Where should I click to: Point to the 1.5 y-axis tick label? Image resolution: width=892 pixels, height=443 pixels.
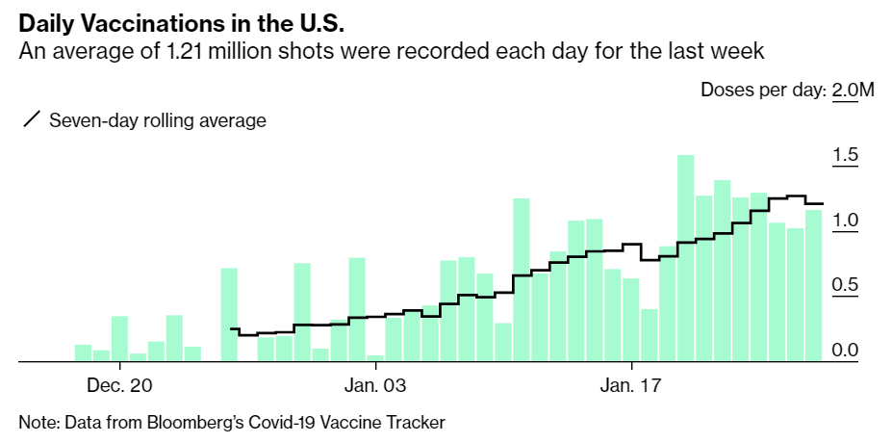pos(846,156)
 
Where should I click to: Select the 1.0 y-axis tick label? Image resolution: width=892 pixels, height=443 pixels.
pos(846,221)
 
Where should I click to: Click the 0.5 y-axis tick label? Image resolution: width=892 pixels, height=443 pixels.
pos(846,285)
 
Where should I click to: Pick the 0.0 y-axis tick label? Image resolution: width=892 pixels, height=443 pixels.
pos(846,350)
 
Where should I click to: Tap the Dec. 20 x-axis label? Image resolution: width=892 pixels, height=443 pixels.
pos(119,386)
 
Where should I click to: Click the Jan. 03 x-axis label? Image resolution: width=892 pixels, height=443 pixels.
pos(375,386)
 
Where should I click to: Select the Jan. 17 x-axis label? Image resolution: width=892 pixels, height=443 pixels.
pos(630,386)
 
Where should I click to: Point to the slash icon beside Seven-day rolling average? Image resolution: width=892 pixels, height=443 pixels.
pos(32,120)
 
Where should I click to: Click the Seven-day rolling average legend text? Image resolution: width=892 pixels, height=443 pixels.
pos(158,120)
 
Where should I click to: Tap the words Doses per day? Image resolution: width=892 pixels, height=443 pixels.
pos(761,91)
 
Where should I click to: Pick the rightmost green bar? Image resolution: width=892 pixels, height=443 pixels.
pos(813,285)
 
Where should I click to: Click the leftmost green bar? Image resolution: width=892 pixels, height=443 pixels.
pos(83,352)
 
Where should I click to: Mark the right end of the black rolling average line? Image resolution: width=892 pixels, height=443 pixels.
pos(823,204)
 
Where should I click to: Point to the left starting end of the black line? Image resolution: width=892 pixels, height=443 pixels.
pos(232,329)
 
